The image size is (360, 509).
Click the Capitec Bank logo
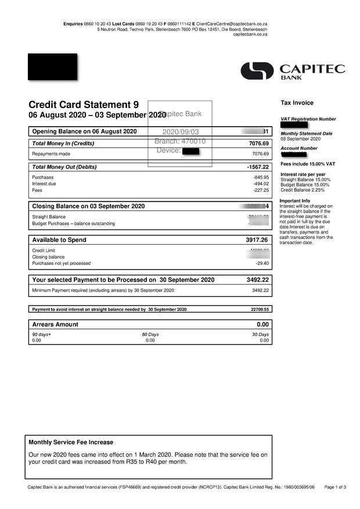(293, 71)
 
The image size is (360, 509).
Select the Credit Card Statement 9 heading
(84, 105)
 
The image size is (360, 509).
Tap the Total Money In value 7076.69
(258, 144)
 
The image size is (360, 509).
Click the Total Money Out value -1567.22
(258, 167)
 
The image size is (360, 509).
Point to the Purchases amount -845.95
(261, 177)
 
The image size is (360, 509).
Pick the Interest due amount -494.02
(261, 184)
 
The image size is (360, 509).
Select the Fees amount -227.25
(261, 190)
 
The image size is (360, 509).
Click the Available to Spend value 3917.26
(257, 240)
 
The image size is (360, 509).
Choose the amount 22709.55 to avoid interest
(260, 310)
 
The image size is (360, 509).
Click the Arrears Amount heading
(55, 324)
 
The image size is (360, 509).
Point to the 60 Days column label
(150, 335)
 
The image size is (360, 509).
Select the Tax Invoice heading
(297, 103)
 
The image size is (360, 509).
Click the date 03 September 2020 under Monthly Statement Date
(300, 139)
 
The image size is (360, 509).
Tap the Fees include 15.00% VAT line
(308, 164)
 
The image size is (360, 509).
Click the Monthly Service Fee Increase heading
(71, 442)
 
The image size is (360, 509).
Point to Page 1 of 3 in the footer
(335, 487)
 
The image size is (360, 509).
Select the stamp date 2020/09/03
(180, 132)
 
